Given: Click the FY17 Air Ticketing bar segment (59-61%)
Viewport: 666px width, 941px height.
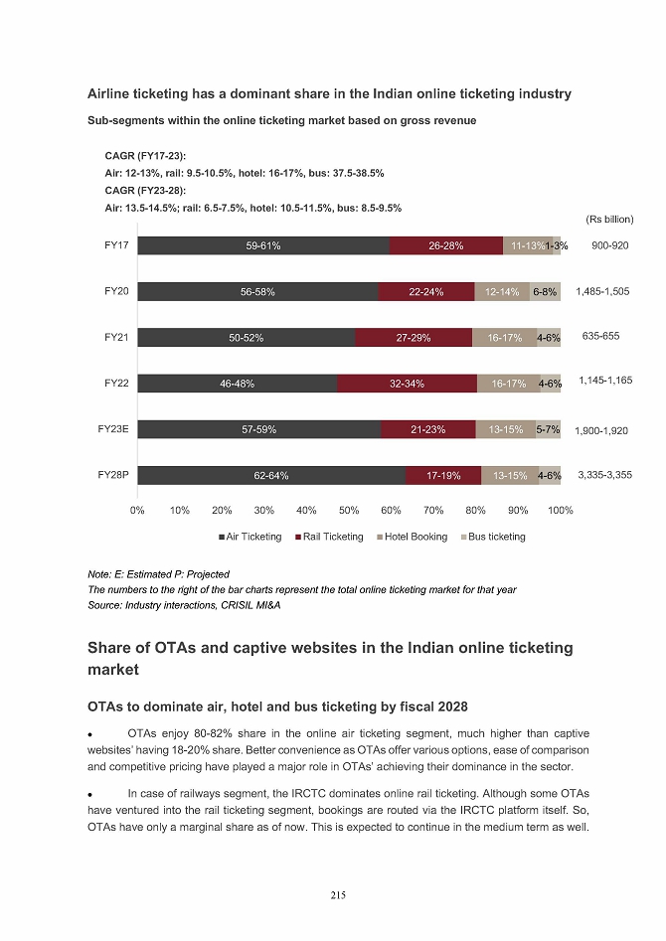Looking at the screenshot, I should pyautogui.click(x=263, y=245).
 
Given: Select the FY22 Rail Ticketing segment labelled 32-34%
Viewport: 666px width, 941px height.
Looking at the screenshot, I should pyautogui.click(x=407, y=384).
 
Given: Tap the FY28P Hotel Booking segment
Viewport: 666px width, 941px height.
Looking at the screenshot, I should pyautogui.click(x=509, y=476).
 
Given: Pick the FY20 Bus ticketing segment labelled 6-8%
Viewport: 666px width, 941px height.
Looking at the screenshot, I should pyautogui.click(x=545, y=292).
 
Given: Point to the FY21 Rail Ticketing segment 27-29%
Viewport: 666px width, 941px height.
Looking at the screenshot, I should pyautogui.click(x=413, y=338).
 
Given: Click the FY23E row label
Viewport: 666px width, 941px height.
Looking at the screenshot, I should pyautogui.click(x=113, y=429).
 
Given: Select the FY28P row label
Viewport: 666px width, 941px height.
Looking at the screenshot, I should pyautogui.click(x=113, y=475).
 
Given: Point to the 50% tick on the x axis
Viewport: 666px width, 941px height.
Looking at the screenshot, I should pyautogui.click(x=349, y=510).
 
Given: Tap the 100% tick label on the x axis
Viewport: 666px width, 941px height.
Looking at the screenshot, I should pyautogui.click(x=561, y=510).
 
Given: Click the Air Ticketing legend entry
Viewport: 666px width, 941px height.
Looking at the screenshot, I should pyautogui.click(x=250, y=537).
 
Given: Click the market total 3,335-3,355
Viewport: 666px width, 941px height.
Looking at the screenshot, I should pyautogui.click(x=604, y=475).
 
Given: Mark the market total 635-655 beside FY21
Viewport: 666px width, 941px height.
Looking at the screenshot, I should pyautogui.click(x=600, y=337).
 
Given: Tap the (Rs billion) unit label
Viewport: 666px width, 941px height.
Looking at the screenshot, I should pyautogui.click(x=609, y=219).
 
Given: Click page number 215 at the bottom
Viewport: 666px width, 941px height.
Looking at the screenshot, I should pyautogui.click(x=338, y=895).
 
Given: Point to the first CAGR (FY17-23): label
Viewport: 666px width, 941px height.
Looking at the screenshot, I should pyautogui.click(x=145, y=156).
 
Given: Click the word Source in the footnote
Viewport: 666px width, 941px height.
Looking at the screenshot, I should pyautogui.click(x=105, y=606).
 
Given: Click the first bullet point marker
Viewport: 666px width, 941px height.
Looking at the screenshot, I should pyautogui.click(x=91, y=734).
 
